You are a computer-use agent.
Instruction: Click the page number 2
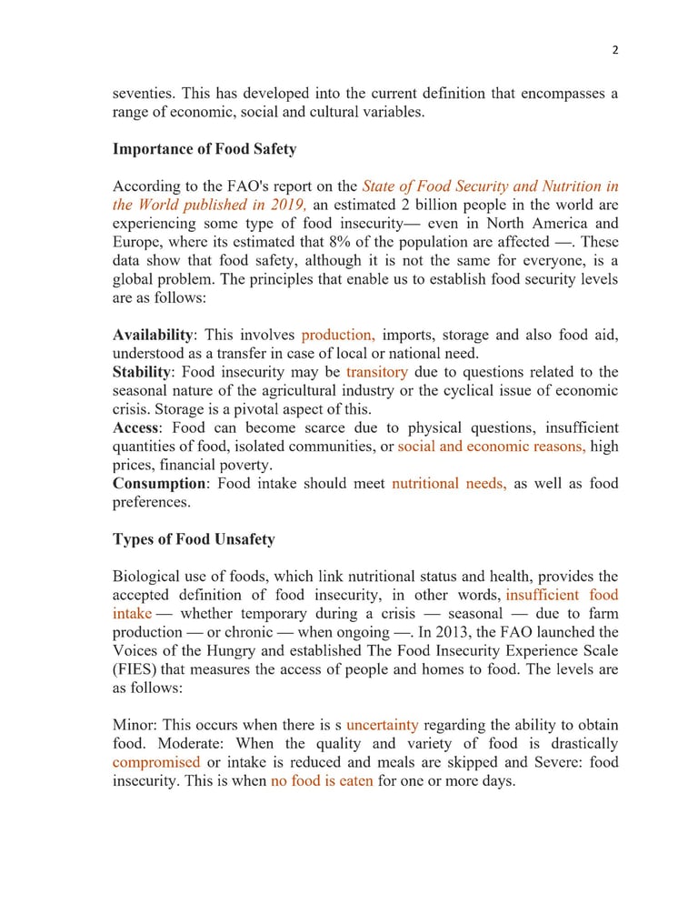point(615,50)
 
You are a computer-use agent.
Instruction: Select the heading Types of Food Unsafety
point(194,539)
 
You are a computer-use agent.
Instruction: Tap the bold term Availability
point(152,335)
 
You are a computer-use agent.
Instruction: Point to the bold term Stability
point(142,372)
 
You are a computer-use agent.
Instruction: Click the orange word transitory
point(376,372)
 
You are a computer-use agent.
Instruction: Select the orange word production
point(338,335)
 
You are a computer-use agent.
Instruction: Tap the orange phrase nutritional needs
point(449,484)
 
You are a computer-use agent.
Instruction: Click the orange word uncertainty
point(382,725)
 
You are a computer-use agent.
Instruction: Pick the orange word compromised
point(156,762)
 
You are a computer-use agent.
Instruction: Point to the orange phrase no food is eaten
point(322,780)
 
